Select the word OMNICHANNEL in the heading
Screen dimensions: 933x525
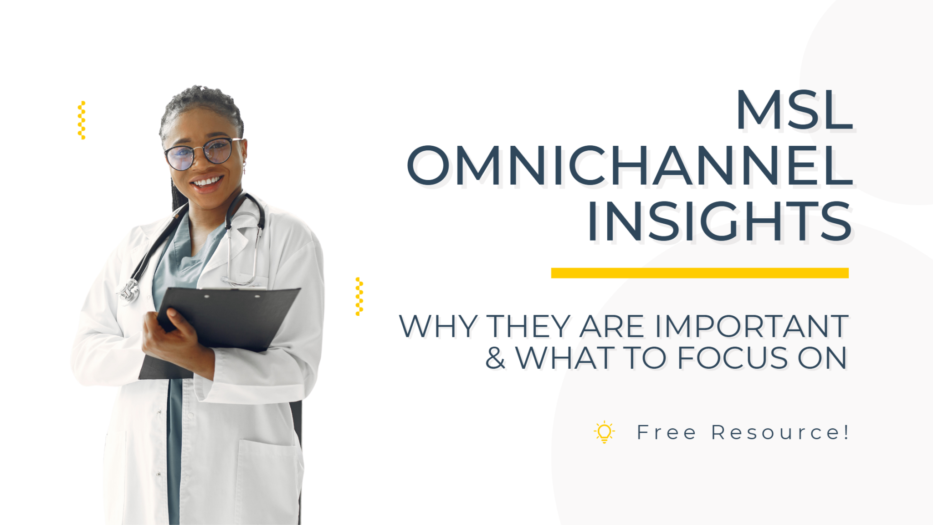pos(630,166)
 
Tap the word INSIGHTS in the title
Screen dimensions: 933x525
pos(720,221)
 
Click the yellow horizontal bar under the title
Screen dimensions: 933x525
pos(700,273)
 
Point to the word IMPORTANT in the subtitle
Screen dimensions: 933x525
pos(751,326)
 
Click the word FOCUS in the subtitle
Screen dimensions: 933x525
pos(733,358)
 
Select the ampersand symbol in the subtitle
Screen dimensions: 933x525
pos(495,358)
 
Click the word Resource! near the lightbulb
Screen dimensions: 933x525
pos(780,432)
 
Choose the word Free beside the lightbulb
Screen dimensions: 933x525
pos(666,432)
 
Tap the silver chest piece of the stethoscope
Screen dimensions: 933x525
pos(129,291)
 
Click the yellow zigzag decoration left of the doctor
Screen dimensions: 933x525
pos(82,120)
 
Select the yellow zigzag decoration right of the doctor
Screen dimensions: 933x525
pos(359,296)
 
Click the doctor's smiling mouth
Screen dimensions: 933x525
pos(207,183)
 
